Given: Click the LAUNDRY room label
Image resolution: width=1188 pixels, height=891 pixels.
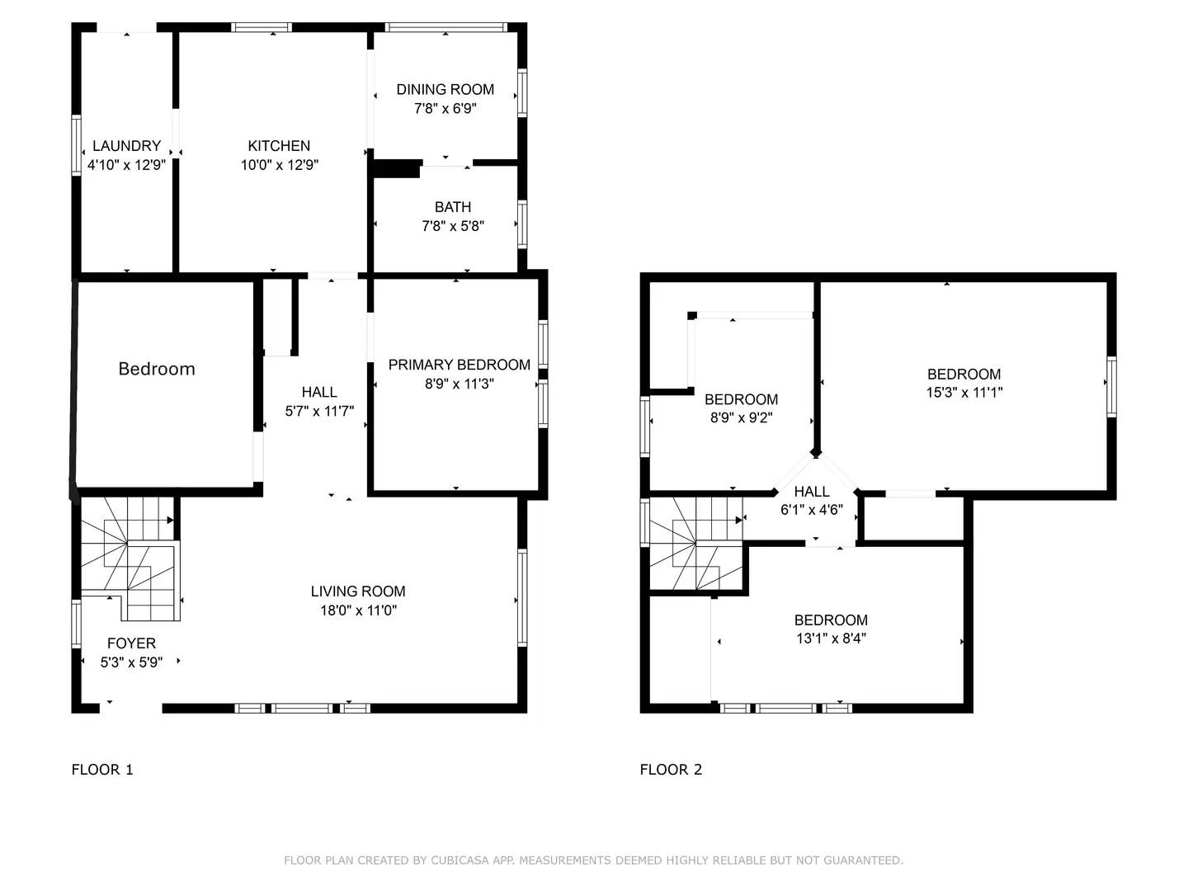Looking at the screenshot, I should point(126,146).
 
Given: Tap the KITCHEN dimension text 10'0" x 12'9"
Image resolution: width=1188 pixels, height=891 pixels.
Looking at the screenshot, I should point(279,165).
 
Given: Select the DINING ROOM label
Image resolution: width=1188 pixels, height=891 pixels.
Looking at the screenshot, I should point(445,89).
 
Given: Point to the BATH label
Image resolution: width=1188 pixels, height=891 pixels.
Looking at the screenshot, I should point(453,207).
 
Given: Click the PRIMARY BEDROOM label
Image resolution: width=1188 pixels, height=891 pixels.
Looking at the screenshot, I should point(459,365).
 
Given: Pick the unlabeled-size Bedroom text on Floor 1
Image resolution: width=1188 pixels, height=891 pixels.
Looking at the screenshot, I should point(157,369).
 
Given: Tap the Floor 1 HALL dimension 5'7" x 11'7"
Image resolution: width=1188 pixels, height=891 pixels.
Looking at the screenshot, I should point(319,411).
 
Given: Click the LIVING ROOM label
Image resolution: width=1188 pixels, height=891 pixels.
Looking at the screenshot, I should point(358,592).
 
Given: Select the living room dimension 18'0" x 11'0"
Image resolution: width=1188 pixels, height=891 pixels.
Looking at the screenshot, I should point(358,610).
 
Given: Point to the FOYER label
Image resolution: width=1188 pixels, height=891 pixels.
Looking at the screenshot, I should point(131,643).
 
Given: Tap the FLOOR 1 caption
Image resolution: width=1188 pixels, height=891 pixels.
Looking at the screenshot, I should point(102,770).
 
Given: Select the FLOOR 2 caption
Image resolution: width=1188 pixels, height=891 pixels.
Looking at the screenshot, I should point(671,770).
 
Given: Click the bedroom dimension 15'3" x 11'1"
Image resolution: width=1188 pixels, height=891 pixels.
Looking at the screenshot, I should point(964,393).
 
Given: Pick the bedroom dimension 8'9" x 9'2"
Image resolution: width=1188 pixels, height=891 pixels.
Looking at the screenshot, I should point(741,418).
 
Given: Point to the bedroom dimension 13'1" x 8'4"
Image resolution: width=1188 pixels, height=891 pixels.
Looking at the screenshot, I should point(831,639).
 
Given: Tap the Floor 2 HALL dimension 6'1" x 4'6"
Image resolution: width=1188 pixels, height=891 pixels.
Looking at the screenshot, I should point(812,510).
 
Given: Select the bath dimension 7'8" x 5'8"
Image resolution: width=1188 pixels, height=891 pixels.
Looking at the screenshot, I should point(453,226).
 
